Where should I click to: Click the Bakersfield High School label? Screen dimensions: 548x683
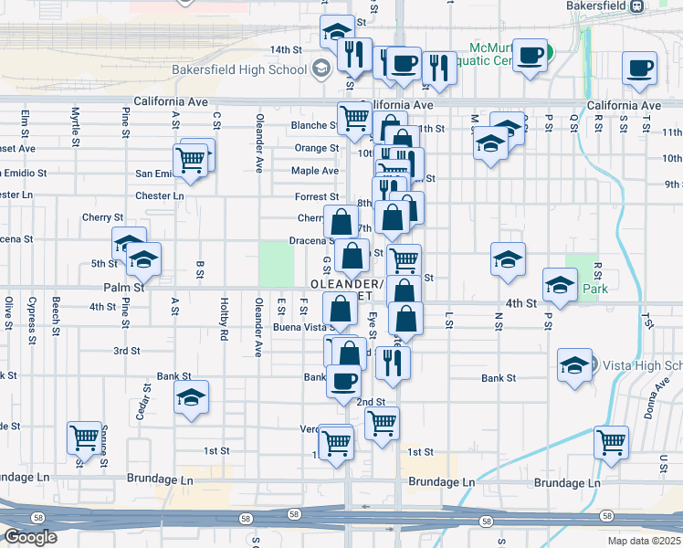[239, 69]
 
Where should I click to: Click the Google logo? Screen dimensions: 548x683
[30, 537]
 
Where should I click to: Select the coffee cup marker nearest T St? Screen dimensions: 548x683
[639, 68]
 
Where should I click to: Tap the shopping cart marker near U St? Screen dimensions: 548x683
[611, 442]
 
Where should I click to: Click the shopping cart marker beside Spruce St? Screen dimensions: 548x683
[84, 437]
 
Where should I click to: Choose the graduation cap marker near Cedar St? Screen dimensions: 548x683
[191, 397]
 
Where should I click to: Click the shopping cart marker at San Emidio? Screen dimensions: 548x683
[190, 160]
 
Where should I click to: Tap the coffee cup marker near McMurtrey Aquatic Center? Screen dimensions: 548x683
[530, 55]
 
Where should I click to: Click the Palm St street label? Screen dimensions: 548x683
[126, 287]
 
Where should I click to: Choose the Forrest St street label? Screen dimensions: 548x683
[317, 196]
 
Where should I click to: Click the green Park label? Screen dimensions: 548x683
[595, 289]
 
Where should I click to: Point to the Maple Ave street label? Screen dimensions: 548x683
[315, 171]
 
